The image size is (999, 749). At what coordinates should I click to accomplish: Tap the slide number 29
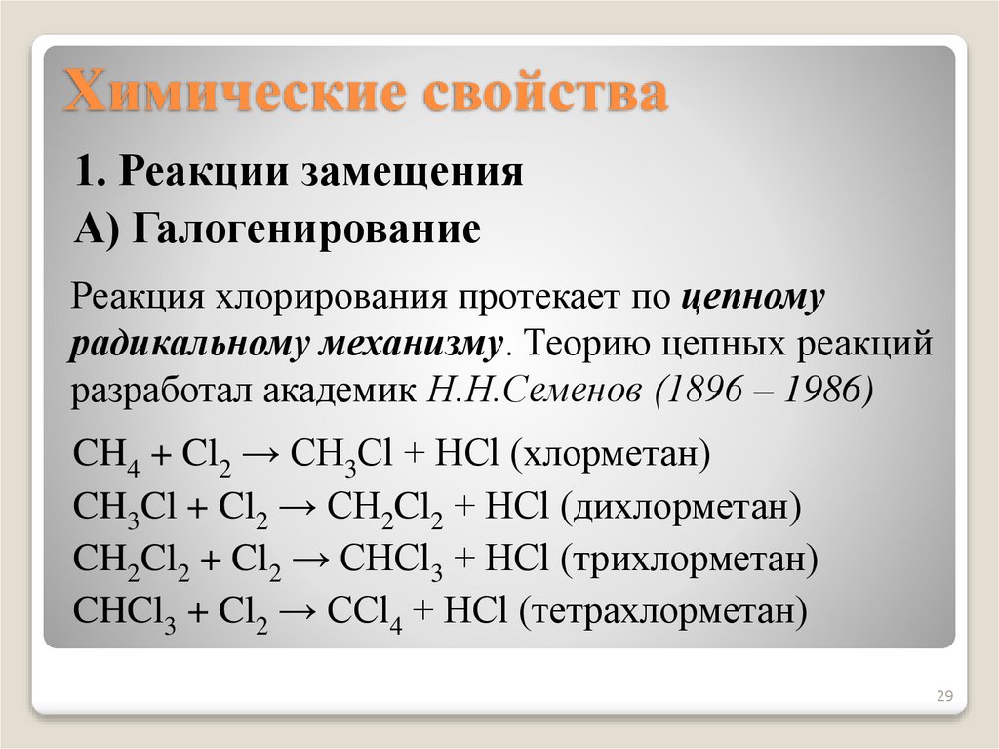pos(943,697)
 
